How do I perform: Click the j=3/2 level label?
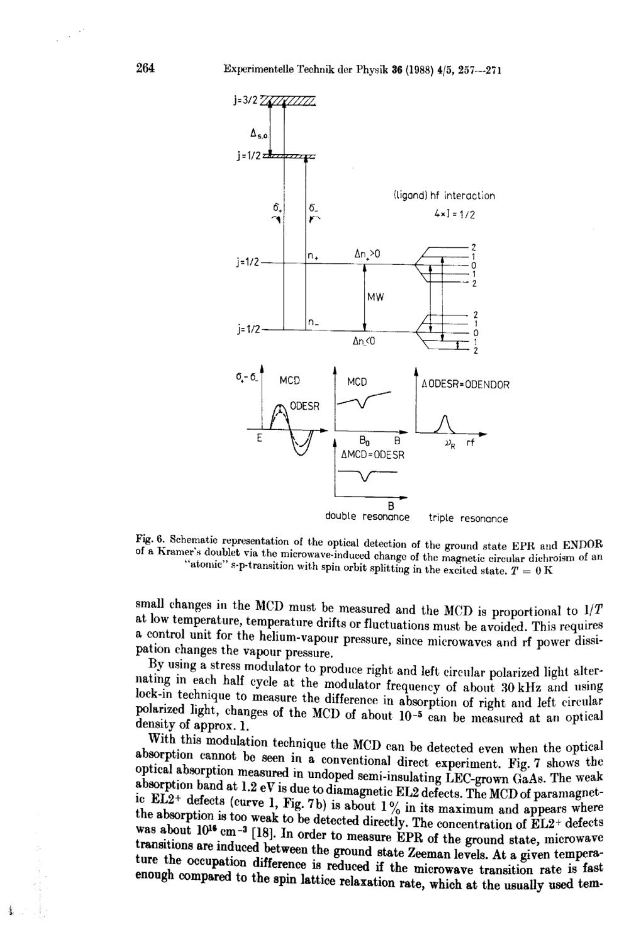[244, 98]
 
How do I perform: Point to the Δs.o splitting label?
[259, 134]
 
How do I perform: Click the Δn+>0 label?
[367, 254]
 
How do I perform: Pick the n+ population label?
[311, 256]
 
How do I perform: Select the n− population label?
[311, 322]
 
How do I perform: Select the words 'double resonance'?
[367, 517]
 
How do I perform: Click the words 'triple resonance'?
[468, 519]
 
